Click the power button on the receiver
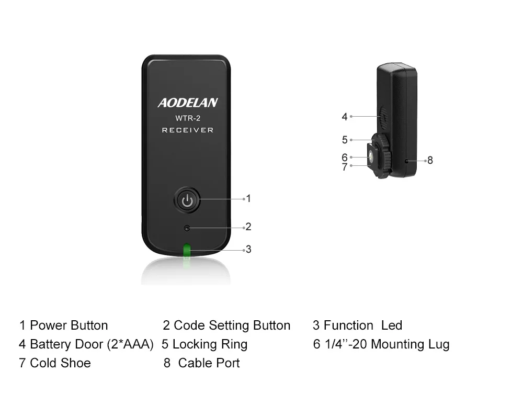pos(187,199)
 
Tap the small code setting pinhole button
pos(187,228)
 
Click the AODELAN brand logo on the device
pos(188,103)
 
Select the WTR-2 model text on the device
pos(187,118)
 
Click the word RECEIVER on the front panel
pos(187,130)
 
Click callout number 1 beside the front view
pos(248,198)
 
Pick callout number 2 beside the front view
pos(248,227)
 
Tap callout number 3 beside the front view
pos(248,250)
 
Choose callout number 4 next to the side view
pos(344,117)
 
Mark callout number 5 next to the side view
pos(345,140)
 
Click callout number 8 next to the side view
pos(430,160)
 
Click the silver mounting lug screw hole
pos(371,156)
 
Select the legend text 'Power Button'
pos(69,325)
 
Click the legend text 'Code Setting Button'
pos(232,325)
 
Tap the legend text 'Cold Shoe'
pos(60,363)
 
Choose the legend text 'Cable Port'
pos(209,363)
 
